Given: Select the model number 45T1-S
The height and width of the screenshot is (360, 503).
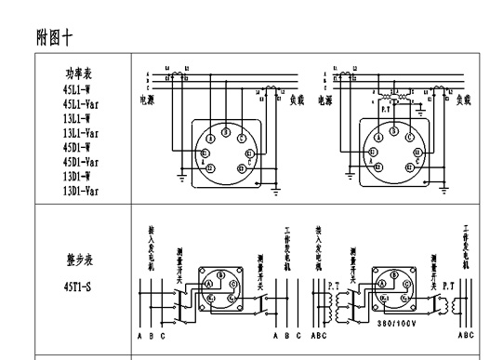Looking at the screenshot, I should [78, 287].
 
